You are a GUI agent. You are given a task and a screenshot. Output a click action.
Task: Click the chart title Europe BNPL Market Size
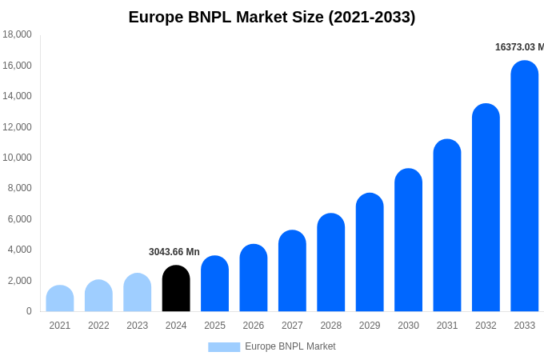pyautogui.click(x=272, y=17)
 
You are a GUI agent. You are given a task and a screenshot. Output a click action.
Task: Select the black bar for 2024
pyautogui.click(x=176, y=289)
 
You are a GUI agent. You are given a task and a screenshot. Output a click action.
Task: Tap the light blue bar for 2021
pyautogui.click(x=60, y=298)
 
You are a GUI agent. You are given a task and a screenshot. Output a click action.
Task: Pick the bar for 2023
pyautogui.click(x=138, y=293)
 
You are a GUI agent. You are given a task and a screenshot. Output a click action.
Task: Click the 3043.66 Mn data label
pyautogui.click(x=174, y=252)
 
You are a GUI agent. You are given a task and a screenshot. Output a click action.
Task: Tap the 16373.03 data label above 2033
pyautogui.click(x=519, y=47)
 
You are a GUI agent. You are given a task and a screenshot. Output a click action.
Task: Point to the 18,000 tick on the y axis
pyautogui.click(x=18, y=34)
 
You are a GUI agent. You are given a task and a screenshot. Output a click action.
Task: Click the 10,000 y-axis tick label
pyautogui.click(x=18, y=158)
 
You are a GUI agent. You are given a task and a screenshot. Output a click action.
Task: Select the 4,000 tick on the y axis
pyautogui.click(x=20, y=250)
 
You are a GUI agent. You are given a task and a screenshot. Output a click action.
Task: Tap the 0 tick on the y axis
pyautogui.click(x=29, y=311)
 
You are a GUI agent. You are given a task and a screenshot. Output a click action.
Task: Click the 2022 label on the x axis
pyautogui.click(x=98, y=326)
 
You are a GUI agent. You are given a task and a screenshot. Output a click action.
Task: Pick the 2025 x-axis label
pyautogui.click(x=214, y=326)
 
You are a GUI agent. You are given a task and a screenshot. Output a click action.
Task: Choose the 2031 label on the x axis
pyautogui.click(x=447, y=326)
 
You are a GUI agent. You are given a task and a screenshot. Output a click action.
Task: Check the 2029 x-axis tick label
pyautogui.click(x=370, y=326)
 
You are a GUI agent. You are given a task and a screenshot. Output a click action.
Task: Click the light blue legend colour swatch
pyautogui.click(x=224, y=346)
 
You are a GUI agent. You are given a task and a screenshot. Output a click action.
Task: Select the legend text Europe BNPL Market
pyautogui.click(x=290, y=346)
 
